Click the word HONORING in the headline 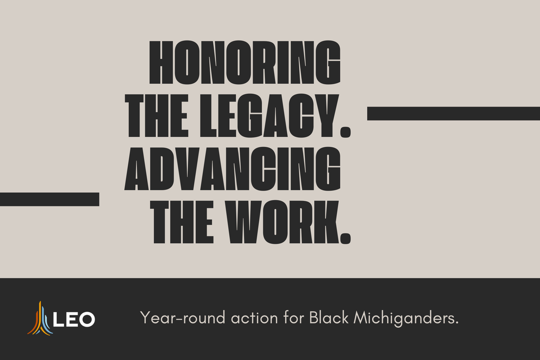click(244, 63)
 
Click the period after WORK click(344, 238)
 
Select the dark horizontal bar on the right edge click(454, 113)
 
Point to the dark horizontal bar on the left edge click(49, 199)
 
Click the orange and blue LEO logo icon click(40, 319)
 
